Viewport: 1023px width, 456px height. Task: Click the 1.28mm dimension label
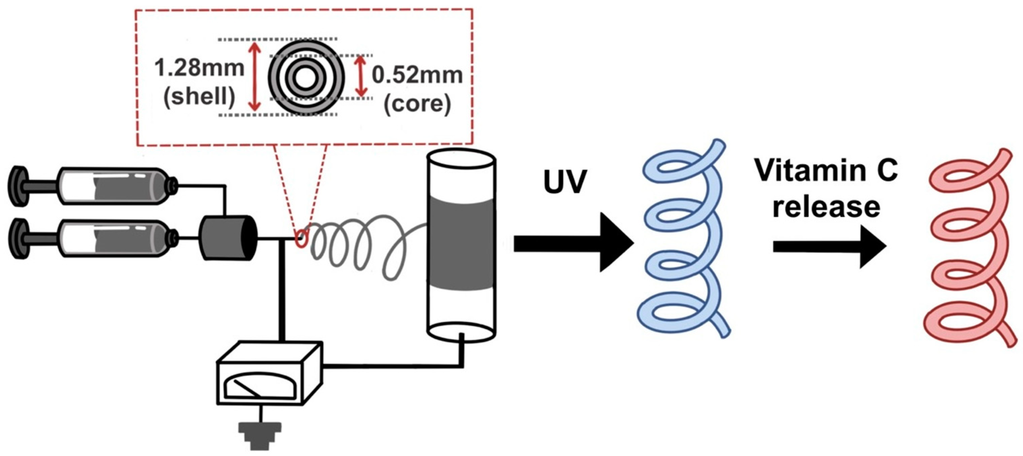(199, 68)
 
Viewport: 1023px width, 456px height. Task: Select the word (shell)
(199, 96)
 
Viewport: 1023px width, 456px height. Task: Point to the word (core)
(417, 103)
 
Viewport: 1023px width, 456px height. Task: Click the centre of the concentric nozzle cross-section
(304, 78)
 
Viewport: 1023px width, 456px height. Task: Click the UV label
(565, 182)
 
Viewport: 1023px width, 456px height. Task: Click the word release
(826, 207)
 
